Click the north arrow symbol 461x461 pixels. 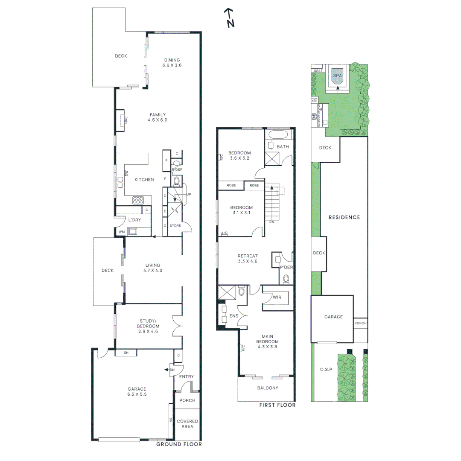[230, 18]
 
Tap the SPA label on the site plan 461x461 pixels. [338, 76]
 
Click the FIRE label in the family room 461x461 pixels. [126, 120]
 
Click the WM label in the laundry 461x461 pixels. [122, 232]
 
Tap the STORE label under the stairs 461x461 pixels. [175, 225]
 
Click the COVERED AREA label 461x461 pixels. [187, 424]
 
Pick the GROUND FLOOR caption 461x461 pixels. [179, 444]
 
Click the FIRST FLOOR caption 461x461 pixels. [277, 405]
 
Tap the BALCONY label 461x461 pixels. [268, 388]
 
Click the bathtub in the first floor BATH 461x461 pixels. [279, 135]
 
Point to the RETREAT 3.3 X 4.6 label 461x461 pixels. [248, 259]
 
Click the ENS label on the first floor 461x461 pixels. [233, 316]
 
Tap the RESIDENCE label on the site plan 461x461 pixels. [344, 217]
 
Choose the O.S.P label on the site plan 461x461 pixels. [326, 369]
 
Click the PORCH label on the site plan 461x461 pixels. [360, 323]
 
